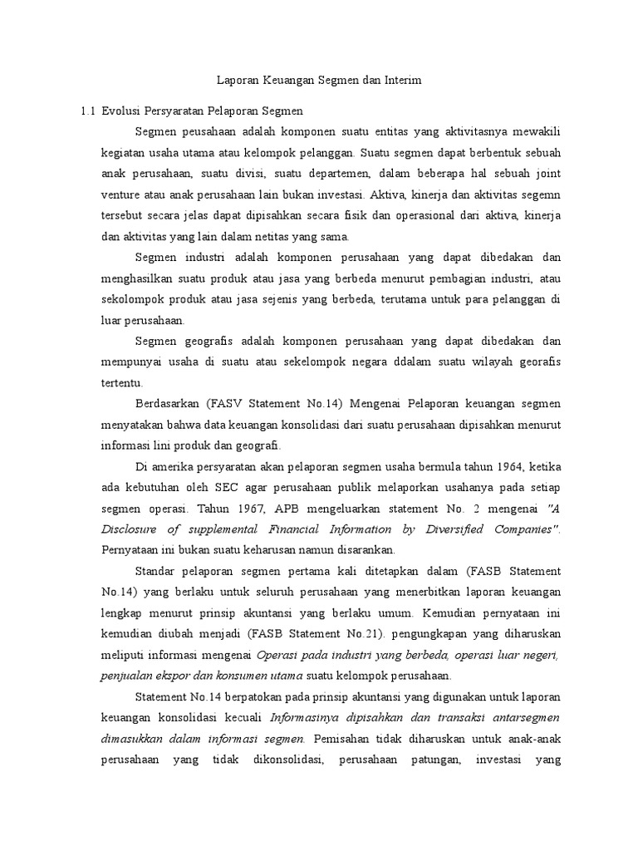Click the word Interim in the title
(x=403, y=81)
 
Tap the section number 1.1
(x=86, y=111)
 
